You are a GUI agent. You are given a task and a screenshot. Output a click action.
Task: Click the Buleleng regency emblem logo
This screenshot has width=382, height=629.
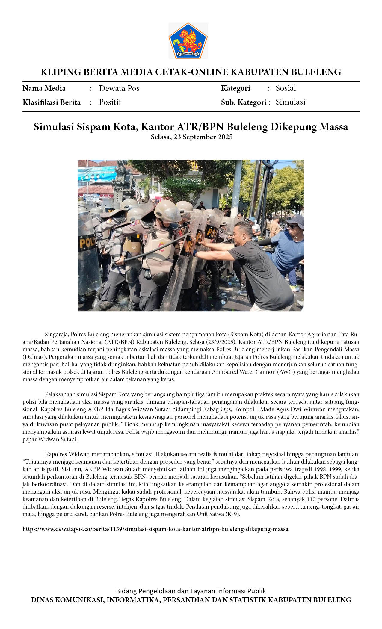(x=188, y=41)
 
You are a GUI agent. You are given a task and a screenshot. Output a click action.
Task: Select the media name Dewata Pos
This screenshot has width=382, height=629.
(x=119, y=88)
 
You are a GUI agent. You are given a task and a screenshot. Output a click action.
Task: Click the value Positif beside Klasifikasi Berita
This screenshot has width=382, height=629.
(x=110, y=102)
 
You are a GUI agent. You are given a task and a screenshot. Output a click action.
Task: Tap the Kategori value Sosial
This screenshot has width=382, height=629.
(x=286, y=88)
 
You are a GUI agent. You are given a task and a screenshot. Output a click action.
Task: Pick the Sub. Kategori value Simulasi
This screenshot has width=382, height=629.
(x=290, y=102)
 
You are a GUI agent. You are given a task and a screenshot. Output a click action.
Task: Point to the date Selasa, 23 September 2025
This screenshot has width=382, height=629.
(x=191, y=137)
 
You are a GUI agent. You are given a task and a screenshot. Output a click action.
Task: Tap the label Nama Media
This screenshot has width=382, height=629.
(x=44, y=88)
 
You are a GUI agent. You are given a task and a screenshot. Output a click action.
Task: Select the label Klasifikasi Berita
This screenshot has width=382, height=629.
(x=52, y=102)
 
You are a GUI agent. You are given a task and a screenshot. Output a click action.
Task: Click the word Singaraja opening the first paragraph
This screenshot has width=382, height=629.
(x=57, y=335)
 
